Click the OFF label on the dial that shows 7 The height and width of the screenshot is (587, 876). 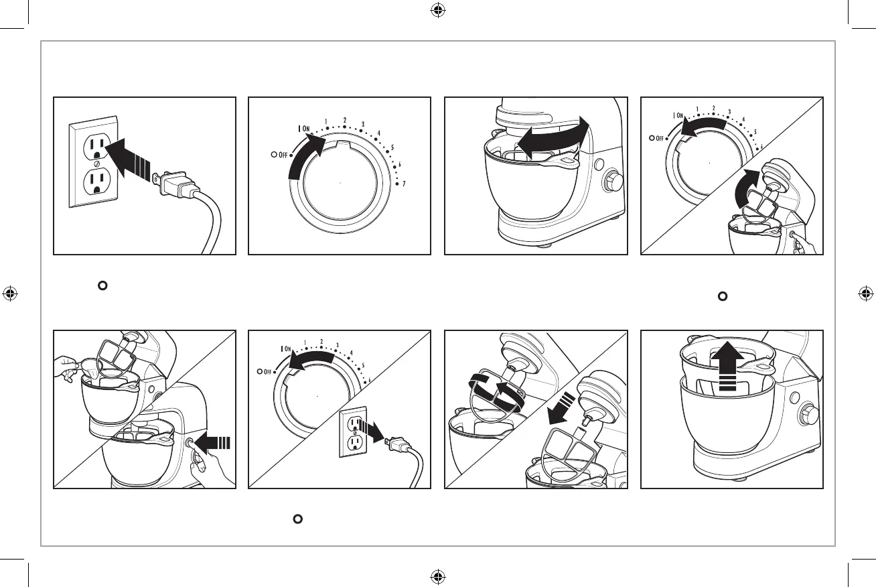pyautogui.click(x=282, y=155)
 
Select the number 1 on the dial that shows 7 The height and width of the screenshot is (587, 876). pyautogui.click(x=326, y=122)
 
